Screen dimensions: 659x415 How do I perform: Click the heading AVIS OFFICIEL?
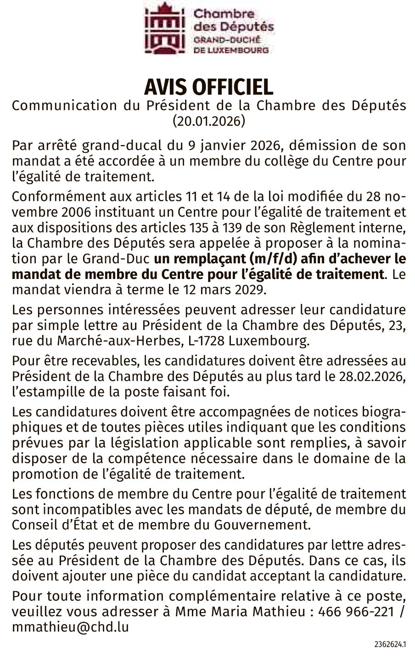tap(209, 87)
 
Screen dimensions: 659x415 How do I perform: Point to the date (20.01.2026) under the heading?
tap(209, 121)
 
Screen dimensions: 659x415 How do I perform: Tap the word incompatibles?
tap(78, 509)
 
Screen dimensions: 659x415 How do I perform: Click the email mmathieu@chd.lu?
tap(70, 627)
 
